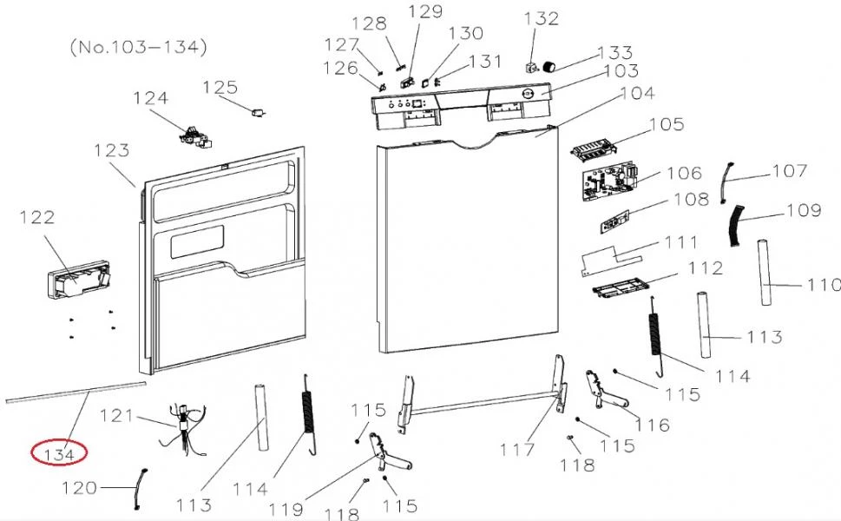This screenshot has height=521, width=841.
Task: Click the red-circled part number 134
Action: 58,454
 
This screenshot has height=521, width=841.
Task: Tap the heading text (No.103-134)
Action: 138,47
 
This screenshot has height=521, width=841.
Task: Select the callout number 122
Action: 37,217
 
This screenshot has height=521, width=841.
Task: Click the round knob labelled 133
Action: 549,67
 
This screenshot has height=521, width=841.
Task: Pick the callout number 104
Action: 638,93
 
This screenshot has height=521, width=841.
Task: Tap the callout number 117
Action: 517,450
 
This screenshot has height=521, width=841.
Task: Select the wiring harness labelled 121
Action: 183,429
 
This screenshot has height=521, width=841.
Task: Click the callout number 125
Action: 220,87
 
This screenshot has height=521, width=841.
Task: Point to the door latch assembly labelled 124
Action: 196,137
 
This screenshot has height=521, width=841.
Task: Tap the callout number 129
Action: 425,11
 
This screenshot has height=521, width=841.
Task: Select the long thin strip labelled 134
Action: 76,391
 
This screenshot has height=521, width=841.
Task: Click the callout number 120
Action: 79,488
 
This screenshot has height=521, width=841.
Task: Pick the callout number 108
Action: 692,199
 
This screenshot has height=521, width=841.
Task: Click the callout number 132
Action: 542,18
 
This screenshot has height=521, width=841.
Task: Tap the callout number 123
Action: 112,150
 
